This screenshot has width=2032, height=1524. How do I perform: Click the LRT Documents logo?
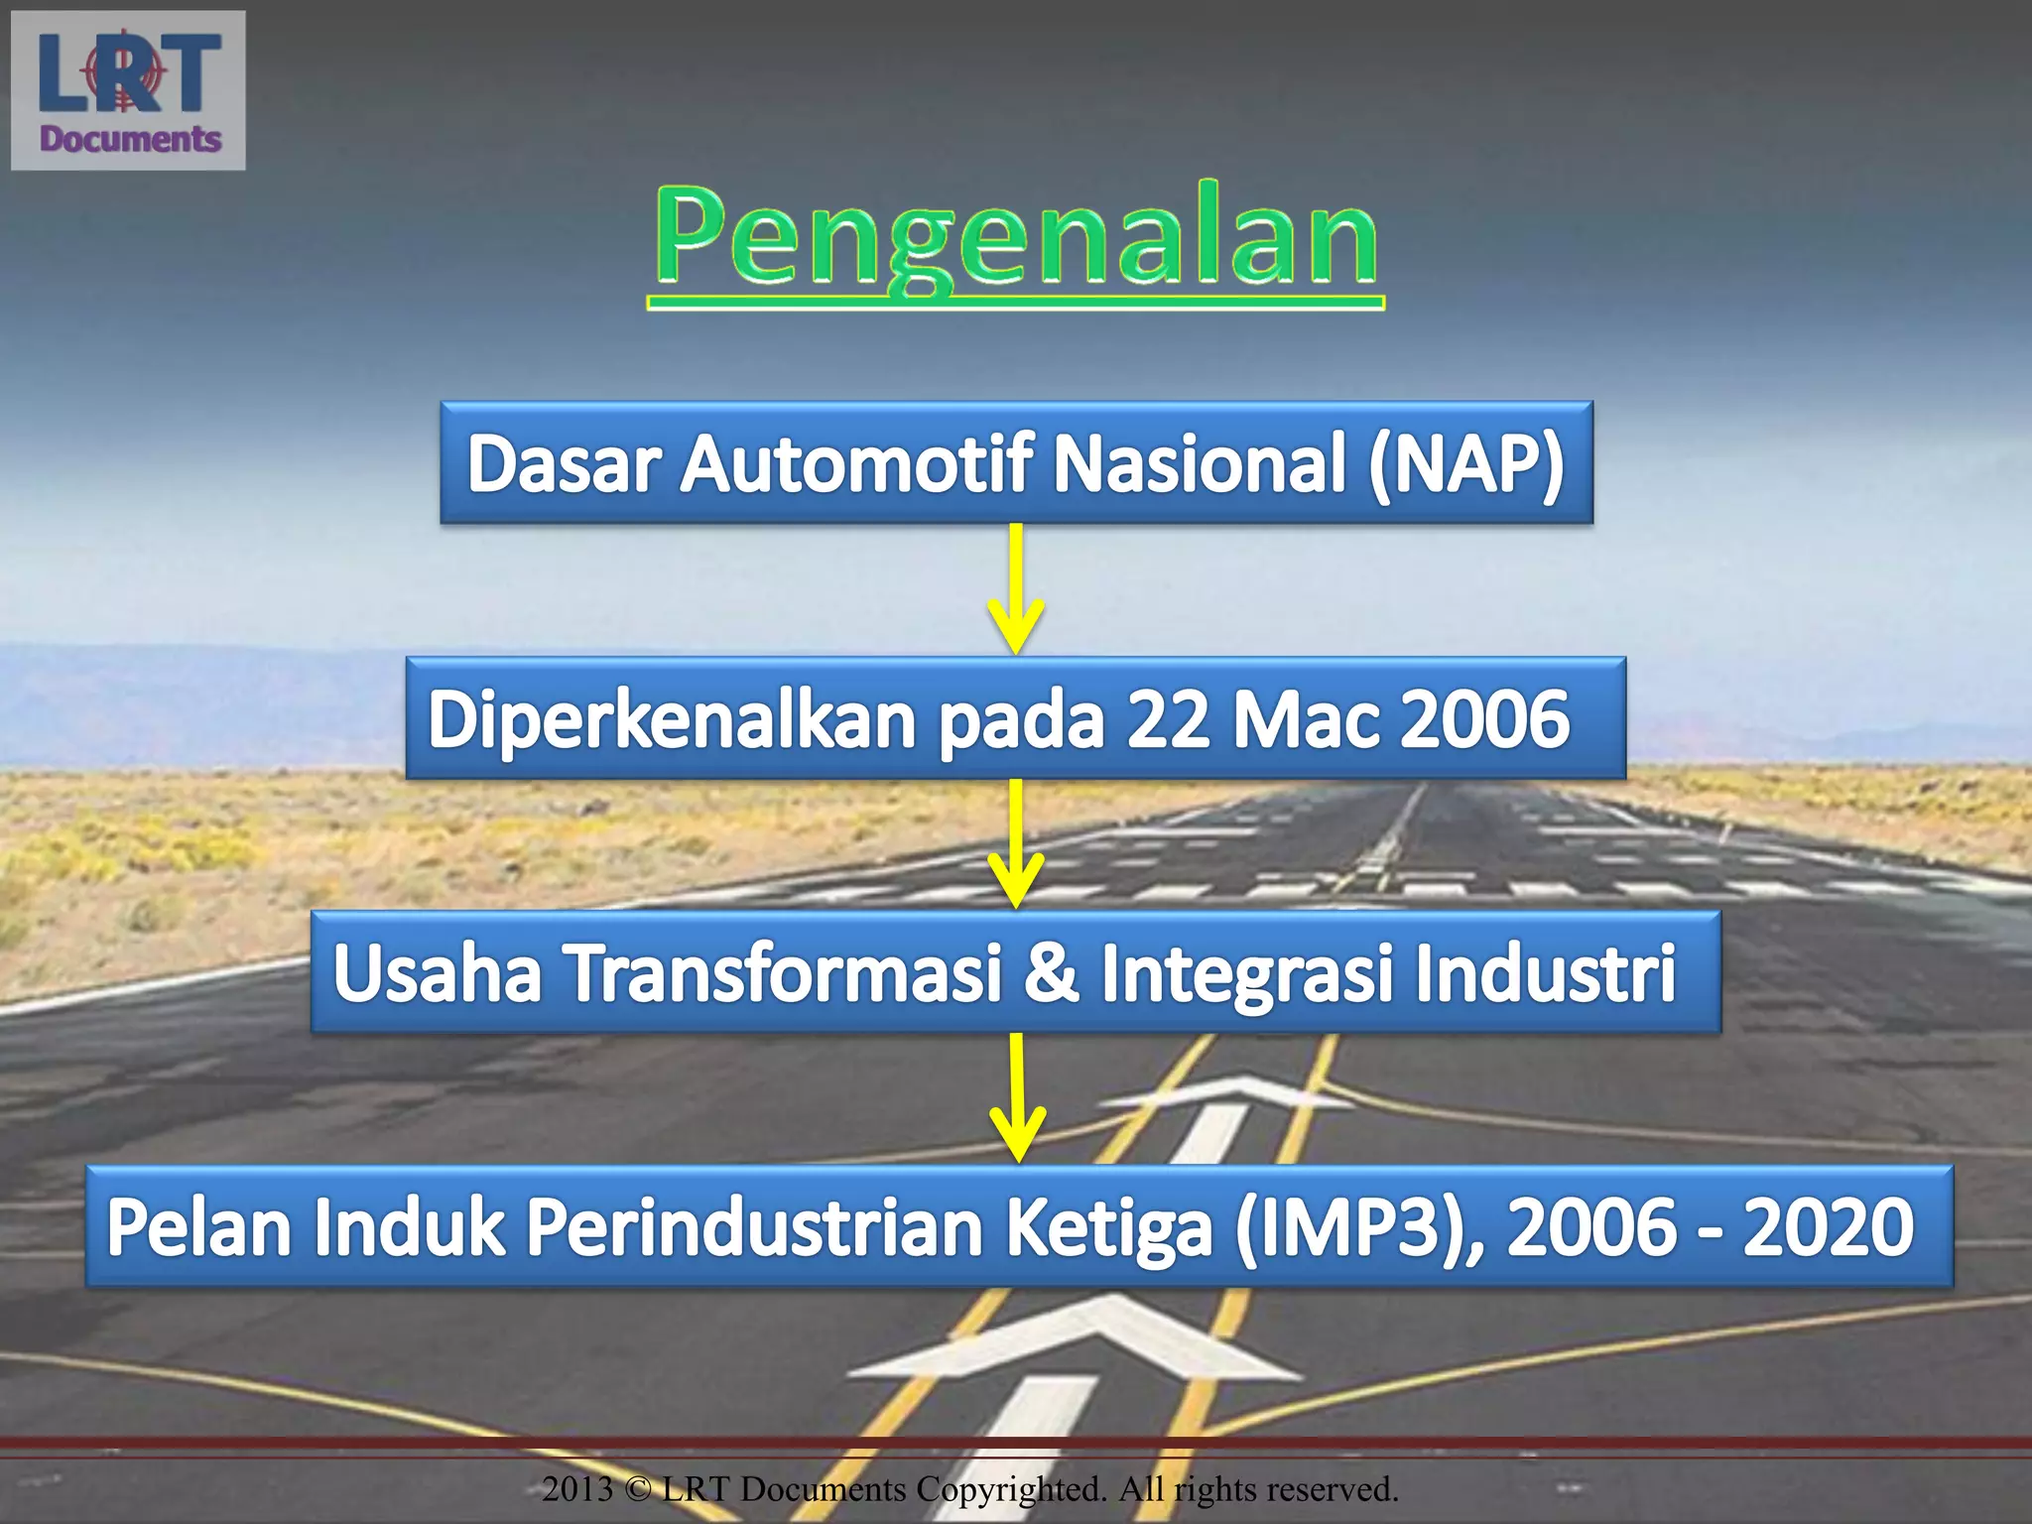tap(128, 90)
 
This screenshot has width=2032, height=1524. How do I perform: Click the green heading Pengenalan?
tap(1015, 238)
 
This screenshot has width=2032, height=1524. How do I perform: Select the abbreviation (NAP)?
tap(1465, 463)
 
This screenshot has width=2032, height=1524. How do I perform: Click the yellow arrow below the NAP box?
tap(1016, 589)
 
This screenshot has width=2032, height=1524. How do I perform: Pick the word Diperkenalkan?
tap(672, 718)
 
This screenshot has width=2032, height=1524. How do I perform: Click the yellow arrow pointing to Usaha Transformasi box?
tap(1016, 843)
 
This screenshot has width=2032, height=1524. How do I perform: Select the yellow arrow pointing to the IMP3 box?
tap(1016, 1097)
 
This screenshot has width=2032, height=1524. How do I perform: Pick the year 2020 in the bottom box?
tap(1828, 1227)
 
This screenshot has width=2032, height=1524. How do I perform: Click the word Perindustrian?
tap(754, 1228)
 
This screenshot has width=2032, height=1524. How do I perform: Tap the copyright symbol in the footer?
tap(639, 1489)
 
